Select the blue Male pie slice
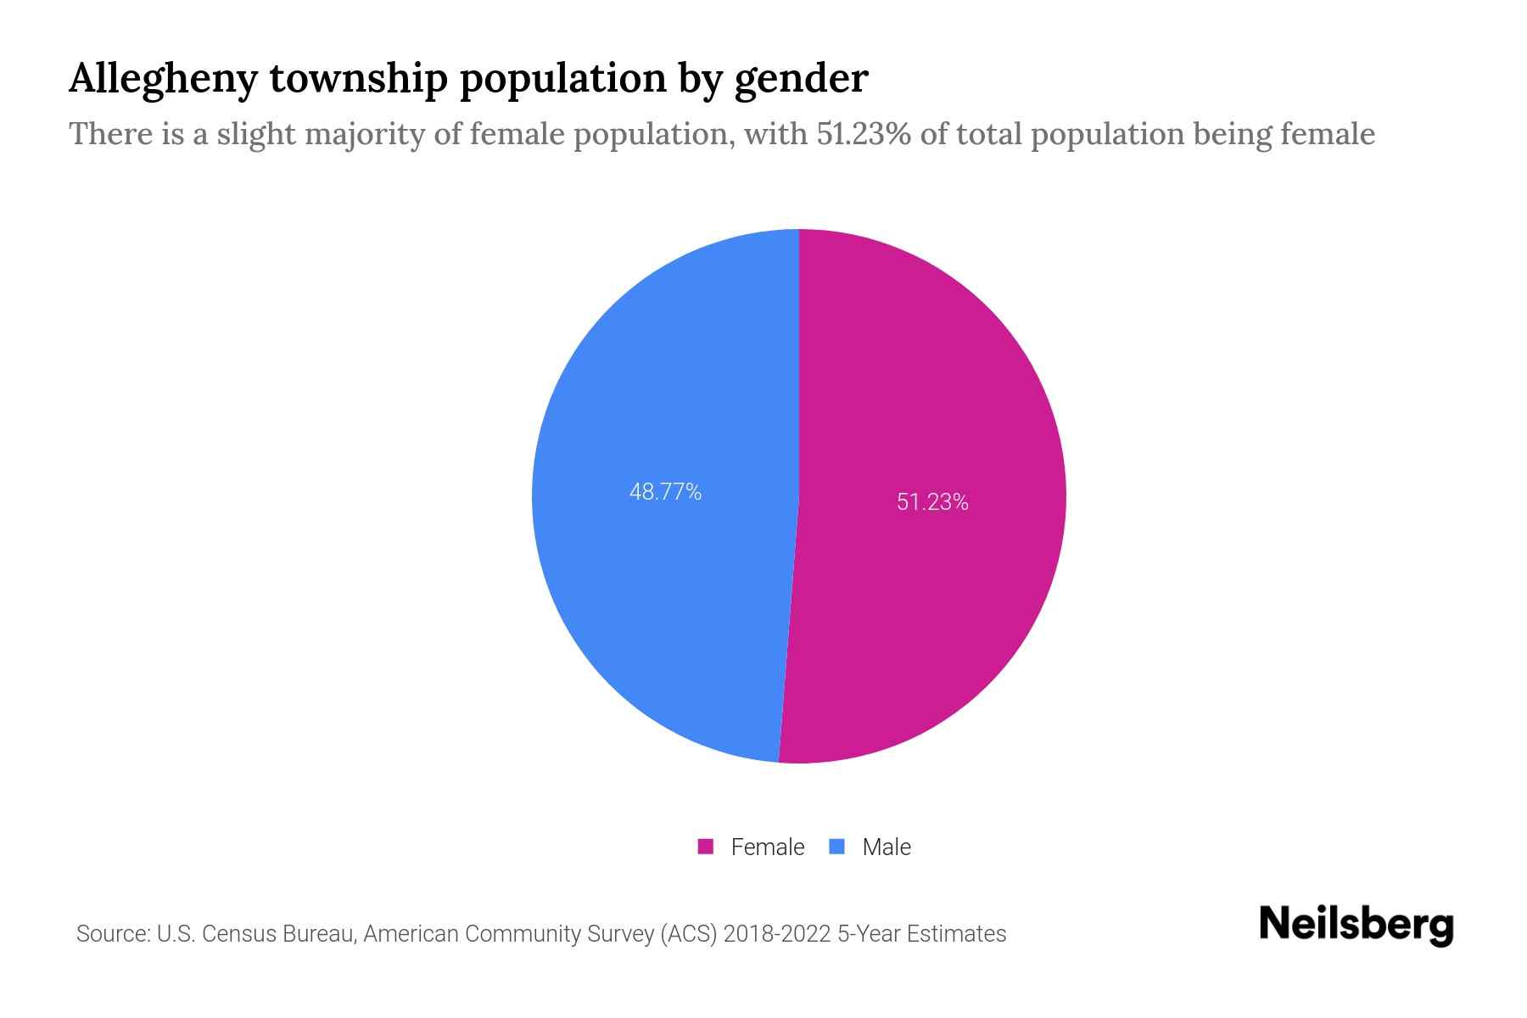pyautogui.click(x=662, y=594)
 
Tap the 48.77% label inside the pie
pyautogui.click(x=665, y=492)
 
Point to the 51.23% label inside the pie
pyautogui.click(x=932, y=502)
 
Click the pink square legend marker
pyautogui.click(x=705, y=847)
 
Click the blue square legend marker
pyautogui.click(x=837, y=847)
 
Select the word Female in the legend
pyautogui.click(x=767, y=847)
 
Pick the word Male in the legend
pyautogui.click(x=886, y=847)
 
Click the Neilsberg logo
pyautogui.click(x=1356, y=925)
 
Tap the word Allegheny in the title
pyautogui.click(x=162, y=79)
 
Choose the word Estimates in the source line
pyautogui.click(x=956, y=934)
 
